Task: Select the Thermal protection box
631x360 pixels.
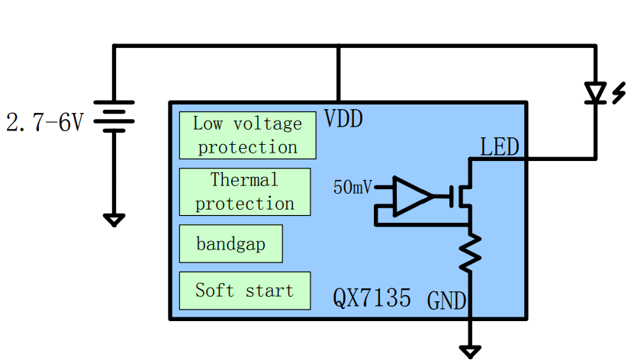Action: (245, 191)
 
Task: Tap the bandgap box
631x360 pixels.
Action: (230, 244)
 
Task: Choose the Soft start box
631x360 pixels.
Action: (245, 291)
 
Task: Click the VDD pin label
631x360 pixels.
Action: (343, 119)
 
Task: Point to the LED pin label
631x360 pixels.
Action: (500, 146)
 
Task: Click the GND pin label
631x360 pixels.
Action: (446, 301)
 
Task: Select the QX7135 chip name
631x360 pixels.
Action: (372, 297)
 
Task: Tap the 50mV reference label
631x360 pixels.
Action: (353, 187)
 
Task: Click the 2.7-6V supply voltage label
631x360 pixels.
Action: (44, 122)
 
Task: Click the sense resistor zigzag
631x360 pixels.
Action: (470, 252)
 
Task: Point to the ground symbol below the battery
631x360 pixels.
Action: (114, 220)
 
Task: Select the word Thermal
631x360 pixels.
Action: (244, 181)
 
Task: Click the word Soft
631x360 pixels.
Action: (214, 291)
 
